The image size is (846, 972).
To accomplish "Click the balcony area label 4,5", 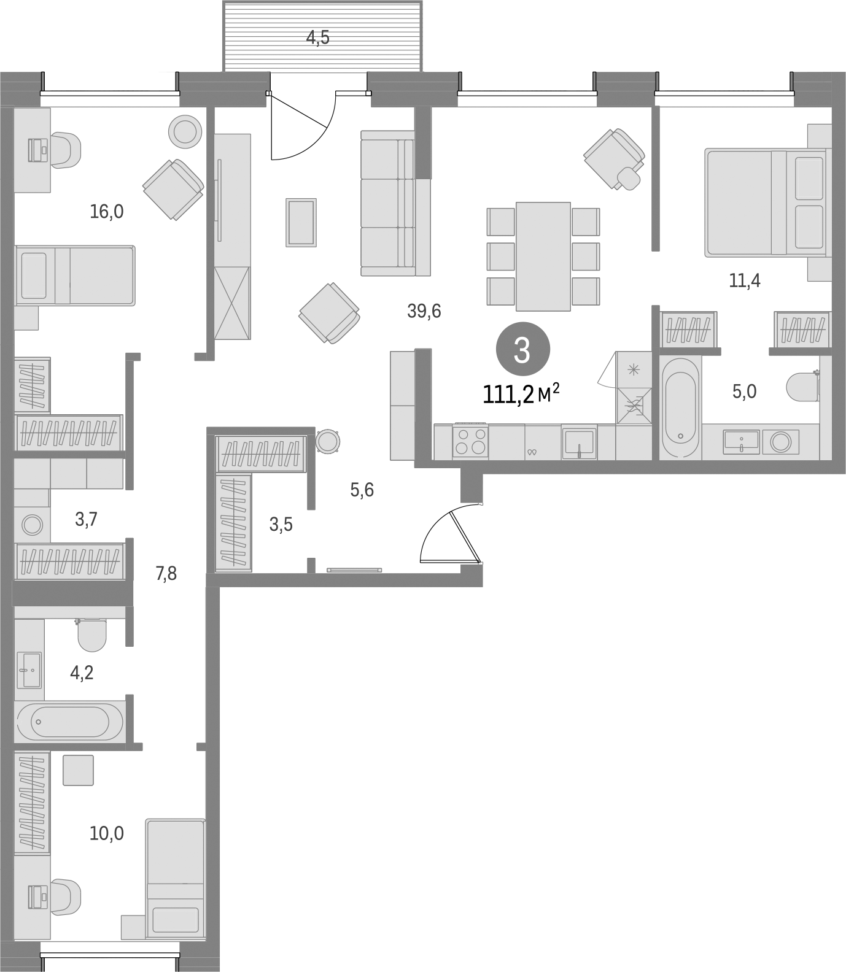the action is pos(318,38).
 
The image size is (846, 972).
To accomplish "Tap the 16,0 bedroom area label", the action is pos(107,212).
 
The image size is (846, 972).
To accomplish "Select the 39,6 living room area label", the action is pos(424,312).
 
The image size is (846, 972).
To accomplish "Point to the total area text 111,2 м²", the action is pos(521,393).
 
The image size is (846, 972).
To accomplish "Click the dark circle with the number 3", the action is pos(522,350).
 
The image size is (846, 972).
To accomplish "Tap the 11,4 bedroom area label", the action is pos(745,281).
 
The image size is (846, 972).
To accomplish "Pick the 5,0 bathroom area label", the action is pos(744,391).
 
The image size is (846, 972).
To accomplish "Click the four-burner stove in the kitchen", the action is pos(470,441).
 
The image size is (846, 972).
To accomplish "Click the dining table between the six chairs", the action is pos(543,256).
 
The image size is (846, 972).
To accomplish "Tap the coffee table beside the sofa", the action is pos(301,222).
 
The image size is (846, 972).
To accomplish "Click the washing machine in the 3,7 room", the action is pos(32,525).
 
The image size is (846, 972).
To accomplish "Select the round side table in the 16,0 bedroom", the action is pos(185,131).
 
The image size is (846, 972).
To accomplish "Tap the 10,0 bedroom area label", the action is pos(107,833).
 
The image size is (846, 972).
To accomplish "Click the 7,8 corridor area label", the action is pos(166,574).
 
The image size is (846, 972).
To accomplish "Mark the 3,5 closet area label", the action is pos(281,525).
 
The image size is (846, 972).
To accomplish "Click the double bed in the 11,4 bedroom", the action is pos(767,202).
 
